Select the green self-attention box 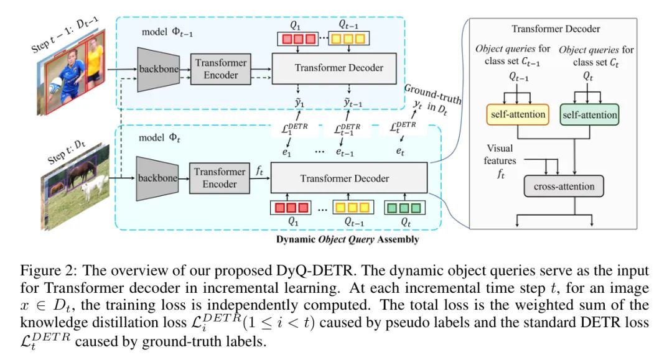[589, 114]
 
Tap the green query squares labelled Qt [405, 207]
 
